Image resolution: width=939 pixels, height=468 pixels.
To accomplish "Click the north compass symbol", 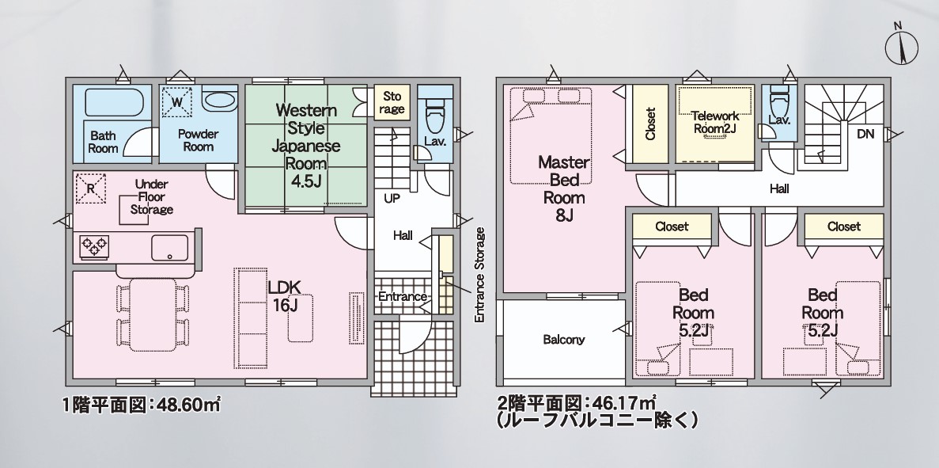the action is point(901,45).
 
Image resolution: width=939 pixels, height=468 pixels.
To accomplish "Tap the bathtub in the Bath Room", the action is point(115,102).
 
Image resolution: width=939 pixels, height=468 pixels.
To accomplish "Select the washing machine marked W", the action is point(177,102).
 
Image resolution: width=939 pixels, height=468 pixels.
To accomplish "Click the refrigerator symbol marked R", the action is point(91,188).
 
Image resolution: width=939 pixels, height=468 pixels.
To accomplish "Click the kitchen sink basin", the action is point(170,248).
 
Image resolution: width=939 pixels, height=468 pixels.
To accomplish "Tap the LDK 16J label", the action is point(285,295).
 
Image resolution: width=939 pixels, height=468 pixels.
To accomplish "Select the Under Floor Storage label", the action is point(152,196).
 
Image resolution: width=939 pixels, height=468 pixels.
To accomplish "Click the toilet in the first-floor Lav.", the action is point(435,105).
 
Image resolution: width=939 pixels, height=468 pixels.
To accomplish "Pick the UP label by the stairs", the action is point(392,199).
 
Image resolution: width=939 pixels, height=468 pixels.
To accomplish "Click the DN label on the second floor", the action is point(866,135).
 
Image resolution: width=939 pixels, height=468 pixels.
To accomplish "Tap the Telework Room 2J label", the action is point(715,122).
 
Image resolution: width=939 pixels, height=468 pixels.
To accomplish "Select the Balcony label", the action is point(563,340).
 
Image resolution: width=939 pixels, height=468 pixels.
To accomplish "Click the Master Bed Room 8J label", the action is point(563,188).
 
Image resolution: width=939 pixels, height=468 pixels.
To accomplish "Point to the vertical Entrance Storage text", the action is point(479,275).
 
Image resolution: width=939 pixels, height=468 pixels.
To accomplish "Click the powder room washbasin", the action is point(220,100).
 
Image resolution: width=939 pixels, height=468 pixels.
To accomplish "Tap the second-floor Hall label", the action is point(779,189).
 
